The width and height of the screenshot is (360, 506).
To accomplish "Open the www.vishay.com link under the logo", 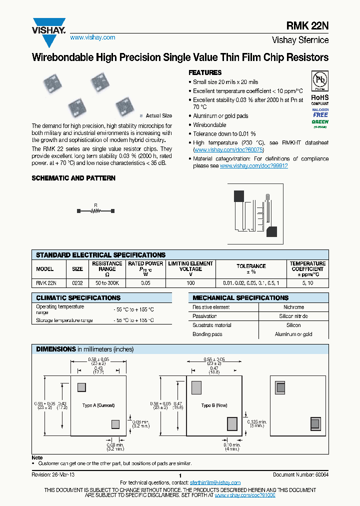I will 92,37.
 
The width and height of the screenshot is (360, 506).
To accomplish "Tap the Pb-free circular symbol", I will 320,80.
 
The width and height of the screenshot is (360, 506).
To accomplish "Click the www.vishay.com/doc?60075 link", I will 228,150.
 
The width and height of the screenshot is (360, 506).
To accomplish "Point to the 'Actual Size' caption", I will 158,115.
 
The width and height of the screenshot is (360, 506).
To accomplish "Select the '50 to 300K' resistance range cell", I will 107,282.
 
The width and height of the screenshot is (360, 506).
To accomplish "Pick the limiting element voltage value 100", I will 190,282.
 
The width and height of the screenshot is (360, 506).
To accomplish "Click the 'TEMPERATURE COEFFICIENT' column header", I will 307,269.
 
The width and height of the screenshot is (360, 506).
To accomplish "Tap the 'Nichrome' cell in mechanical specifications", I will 293,307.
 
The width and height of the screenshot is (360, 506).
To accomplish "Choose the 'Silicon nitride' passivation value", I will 293,316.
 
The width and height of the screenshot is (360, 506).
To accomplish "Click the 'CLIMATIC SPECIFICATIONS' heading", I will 78,298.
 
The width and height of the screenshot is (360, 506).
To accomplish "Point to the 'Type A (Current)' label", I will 98,405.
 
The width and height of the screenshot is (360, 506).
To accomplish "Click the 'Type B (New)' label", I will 214,405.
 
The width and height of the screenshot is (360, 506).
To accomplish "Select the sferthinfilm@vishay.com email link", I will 215,482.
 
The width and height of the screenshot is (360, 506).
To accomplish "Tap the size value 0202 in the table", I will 77,282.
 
